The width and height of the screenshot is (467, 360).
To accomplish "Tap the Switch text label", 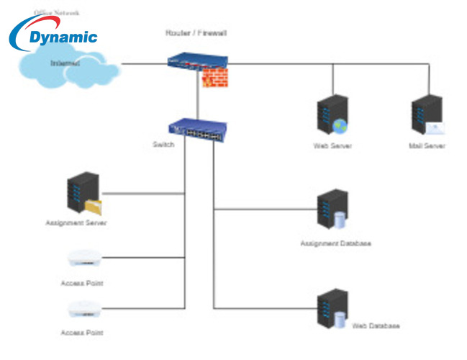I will [x=163, y=145].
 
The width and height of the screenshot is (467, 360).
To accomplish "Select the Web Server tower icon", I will [x=331, y=114].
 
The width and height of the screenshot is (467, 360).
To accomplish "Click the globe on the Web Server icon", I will [x=340, y=127].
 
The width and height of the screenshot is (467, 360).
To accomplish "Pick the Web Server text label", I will [x=332, y=146].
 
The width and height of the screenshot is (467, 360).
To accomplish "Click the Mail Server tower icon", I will [x=425, y=114].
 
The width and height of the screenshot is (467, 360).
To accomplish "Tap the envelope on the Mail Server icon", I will [x=435, y=128].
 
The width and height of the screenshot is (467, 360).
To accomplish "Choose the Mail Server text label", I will [x=427, y=146].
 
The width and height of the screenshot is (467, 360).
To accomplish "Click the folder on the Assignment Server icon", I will [x=93, y=207].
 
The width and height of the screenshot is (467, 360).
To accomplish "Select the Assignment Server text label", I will [x=76, y=224].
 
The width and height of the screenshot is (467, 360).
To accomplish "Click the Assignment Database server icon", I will [x=332, y=210].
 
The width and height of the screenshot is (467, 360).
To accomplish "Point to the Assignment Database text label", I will [x=335, y=244].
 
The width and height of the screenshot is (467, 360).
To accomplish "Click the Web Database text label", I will [x=376, y=326].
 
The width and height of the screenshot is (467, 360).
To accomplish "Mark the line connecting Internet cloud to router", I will [x=144, y=64].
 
